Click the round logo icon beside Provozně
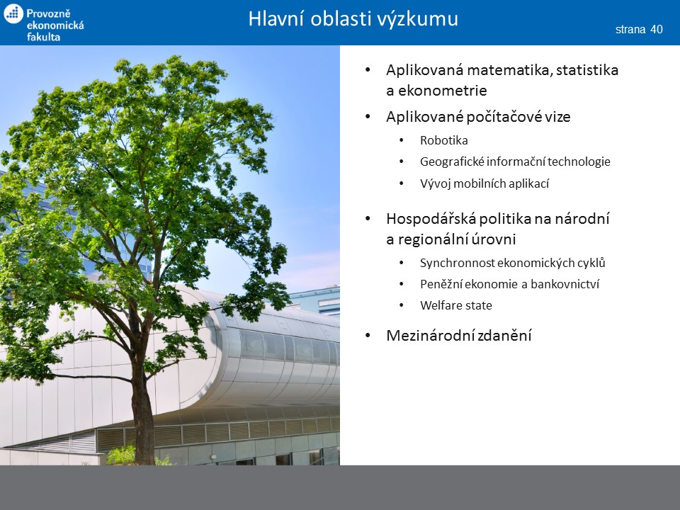[13, 13]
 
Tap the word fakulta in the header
[43, 37]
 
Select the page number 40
[657, 29]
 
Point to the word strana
[630, 30]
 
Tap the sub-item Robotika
[444, 140]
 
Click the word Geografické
[452, 161]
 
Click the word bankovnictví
[565, 284]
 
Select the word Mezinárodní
[429, 335]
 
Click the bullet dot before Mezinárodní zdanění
[368, 335]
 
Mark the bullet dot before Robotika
[402, 140]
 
